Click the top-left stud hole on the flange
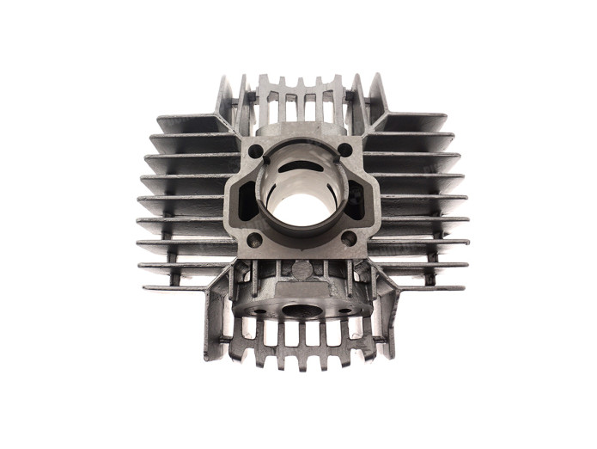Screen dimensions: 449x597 (x=255, y=151)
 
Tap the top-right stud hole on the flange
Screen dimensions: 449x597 (x=344, y=151)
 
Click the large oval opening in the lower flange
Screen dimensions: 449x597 (x=301, y=310)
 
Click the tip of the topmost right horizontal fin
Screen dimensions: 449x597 (x=446, y=118)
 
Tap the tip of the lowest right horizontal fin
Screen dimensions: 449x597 (x=465, y=287)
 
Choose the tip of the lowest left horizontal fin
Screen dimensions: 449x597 (x=145, y=287)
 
